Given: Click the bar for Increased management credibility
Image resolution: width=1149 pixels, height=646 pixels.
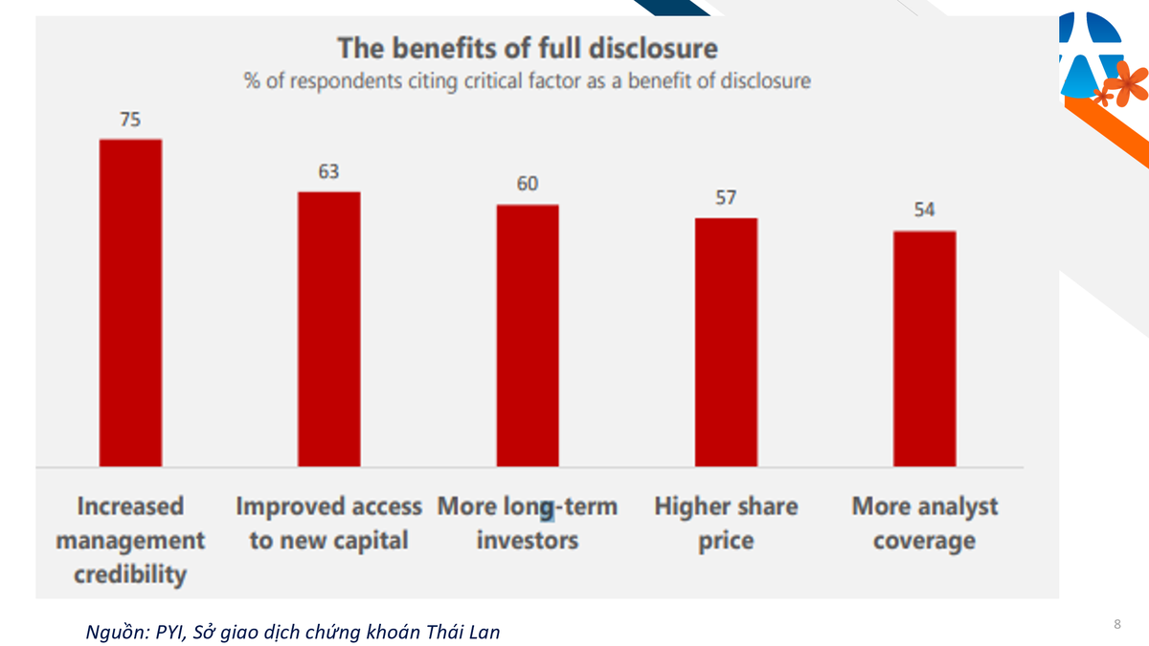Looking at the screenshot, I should (x=131, y=302).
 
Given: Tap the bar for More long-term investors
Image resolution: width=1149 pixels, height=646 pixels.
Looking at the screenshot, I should (x=528, y=335).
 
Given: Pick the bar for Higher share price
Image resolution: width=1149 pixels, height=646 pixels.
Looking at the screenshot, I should (x=726, y=342).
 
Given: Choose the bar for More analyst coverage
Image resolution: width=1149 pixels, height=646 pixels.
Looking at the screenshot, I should (x=924, y=348).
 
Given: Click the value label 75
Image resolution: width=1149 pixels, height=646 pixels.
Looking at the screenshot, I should (x=131, y=120).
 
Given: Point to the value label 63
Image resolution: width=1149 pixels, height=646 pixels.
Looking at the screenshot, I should (x=329, y=172).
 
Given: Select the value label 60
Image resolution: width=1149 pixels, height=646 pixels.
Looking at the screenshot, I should (x=528, y=184).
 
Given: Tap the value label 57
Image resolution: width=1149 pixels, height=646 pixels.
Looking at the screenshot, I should (x=726, y=197).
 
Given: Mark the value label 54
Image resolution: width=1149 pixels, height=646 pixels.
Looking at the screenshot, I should (x=924, y=211).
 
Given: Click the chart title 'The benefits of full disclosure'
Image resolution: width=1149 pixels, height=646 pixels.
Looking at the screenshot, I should (x=527, y=47).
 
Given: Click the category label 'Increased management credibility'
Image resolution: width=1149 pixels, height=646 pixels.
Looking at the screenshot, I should (x=130, y=540).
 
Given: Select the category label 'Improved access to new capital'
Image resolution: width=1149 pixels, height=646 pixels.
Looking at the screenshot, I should (x=329, y=523).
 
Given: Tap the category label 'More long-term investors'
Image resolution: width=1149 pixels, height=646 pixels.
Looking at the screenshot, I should (x=528, y=523).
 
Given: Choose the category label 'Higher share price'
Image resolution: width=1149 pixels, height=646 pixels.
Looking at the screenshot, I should (x=726, y=523).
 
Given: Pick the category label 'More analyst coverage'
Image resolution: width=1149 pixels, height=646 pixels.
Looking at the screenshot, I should (x=924, y=523).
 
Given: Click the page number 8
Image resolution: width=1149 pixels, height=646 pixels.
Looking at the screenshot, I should (x=1117, y=625).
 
